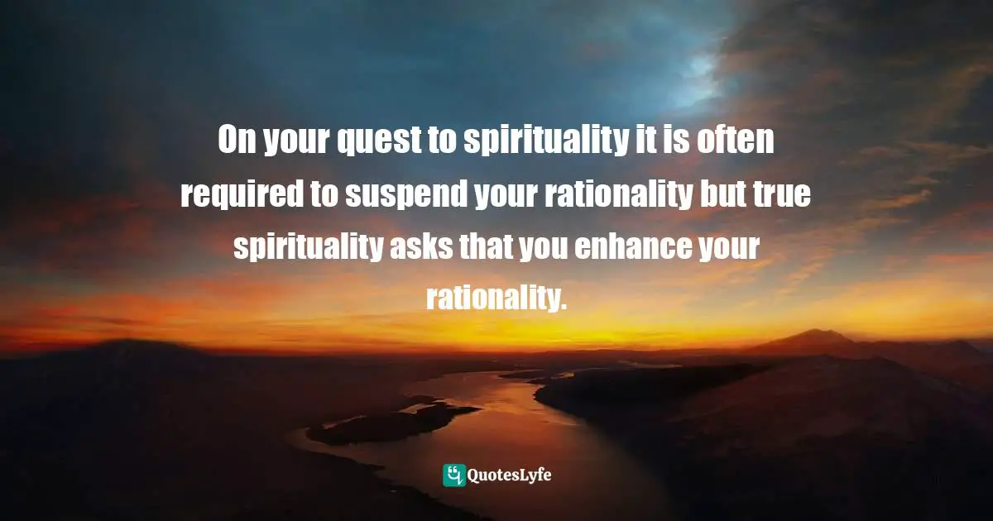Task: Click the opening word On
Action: (237, 142)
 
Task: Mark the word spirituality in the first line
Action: (539, 142)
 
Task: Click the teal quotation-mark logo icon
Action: (453, 475)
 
